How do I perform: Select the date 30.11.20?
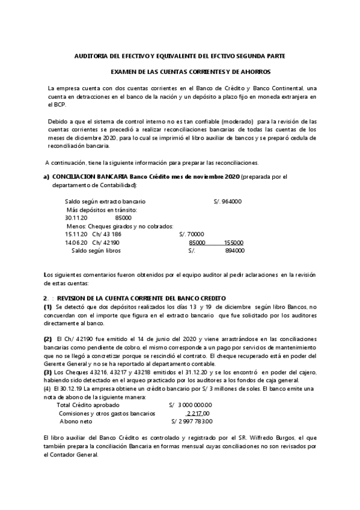[x=76, y=218]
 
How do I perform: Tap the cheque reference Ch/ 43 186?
[x=108, y=234]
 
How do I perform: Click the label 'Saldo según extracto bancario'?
[x=105, y=201]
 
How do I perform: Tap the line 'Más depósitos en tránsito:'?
[x=101, y=209]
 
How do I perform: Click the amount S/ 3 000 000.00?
[x=191, y=405]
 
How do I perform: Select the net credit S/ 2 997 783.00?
[x=191, y=422]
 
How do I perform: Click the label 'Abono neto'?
[x=76, y=422]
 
